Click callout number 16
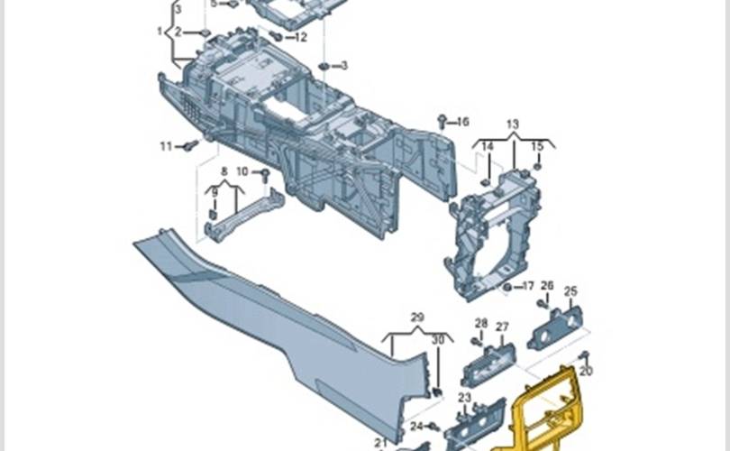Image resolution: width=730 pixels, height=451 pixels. (x=462, y=122)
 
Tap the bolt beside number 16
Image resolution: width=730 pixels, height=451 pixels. (x=442, y=123)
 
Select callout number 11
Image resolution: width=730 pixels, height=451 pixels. (x=166, y=146)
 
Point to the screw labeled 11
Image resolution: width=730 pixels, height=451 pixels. (x=191, y=145)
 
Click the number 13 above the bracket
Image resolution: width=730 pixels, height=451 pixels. (x=512, y=124)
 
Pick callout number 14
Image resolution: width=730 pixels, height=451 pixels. (x=487, y=147)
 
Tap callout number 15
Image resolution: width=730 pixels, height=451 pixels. (x=537, y=146)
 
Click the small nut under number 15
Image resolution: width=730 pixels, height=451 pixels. (x=537, y=166)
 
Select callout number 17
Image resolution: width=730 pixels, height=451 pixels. (x=528, y=286)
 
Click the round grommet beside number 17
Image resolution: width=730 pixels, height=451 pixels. (x=508, y=287)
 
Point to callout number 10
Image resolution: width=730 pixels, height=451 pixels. (x=242, y=171)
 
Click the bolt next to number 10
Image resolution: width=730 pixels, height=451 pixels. (x=265, y=175)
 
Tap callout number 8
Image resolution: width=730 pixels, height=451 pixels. (x=224, y=171)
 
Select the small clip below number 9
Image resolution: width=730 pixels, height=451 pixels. (x=214, y=216)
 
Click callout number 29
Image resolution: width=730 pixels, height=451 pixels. (x=417, y=318)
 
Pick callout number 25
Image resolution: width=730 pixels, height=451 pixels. (x=570, y=291)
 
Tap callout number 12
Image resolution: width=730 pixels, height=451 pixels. (x=301, y=37)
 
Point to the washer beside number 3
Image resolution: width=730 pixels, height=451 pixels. (x=324, y=66)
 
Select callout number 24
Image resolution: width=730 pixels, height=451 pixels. (x=416, y=427)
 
